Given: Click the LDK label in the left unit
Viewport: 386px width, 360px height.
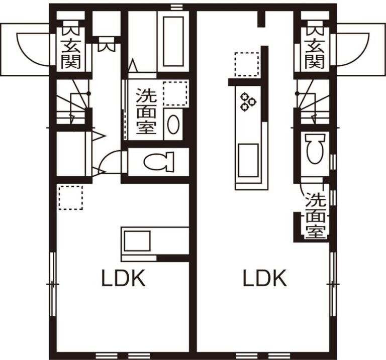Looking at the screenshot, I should point(124,278).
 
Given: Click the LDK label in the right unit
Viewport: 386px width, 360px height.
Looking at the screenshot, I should point(265,278).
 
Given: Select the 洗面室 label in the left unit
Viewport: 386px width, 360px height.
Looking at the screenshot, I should point(145,111).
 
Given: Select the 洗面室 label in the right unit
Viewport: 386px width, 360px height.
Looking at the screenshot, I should point(316,215).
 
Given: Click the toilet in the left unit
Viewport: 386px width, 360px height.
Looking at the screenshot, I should point(158,162).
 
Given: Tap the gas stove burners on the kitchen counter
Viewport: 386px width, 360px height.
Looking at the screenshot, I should point(248,101).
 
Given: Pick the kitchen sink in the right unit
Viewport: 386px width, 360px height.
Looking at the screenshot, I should point(248,160).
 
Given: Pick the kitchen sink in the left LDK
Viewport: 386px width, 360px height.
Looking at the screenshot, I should point(137,241).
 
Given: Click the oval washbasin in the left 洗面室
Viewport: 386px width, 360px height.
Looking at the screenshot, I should point(173,125).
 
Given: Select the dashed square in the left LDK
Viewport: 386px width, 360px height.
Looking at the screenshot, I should point(70,197).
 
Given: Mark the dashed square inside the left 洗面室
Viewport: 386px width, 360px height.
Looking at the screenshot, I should point(175,92).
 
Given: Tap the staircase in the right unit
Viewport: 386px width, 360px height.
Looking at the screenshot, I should point(313,103).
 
